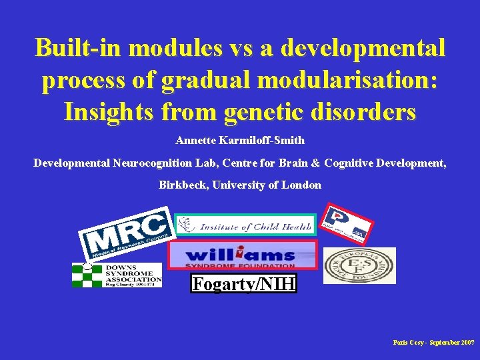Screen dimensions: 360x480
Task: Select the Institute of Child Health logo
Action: pyautogui.click(x=245, y=227)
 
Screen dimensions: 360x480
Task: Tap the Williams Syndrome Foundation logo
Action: pyautogui.click(x=242, y=255)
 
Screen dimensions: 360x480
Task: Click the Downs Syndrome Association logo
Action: pyautogui.click(x=117, y=275)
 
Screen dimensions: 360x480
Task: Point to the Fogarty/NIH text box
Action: pyautogui.click(x=243, y=285)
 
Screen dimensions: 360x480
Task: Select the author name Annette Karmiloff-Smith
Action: pyautogui.click(x=240, y=141)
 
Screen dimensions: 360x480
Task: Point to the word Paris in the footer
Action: pyautogui.click(x=402, y=341)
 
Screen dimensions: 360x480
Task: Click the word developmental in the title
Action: pyautogui.click(x=363, y=48)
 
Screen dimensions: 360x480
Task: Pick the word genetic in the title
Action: pyautogui.click(x=263, y=111)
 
